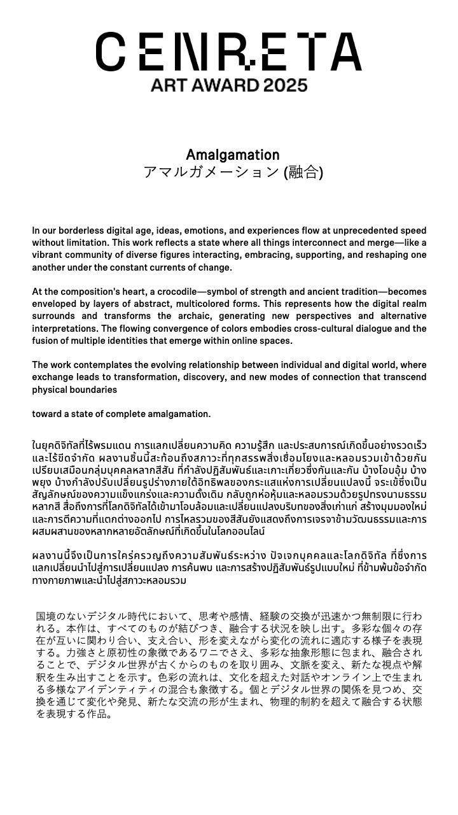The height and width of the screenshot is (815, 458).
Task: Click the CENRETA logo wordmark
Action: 229,52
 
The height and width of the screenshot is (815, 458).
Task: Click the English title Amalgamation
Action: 233,155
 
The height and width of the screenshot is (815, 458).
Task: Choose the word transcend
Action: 405,377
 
